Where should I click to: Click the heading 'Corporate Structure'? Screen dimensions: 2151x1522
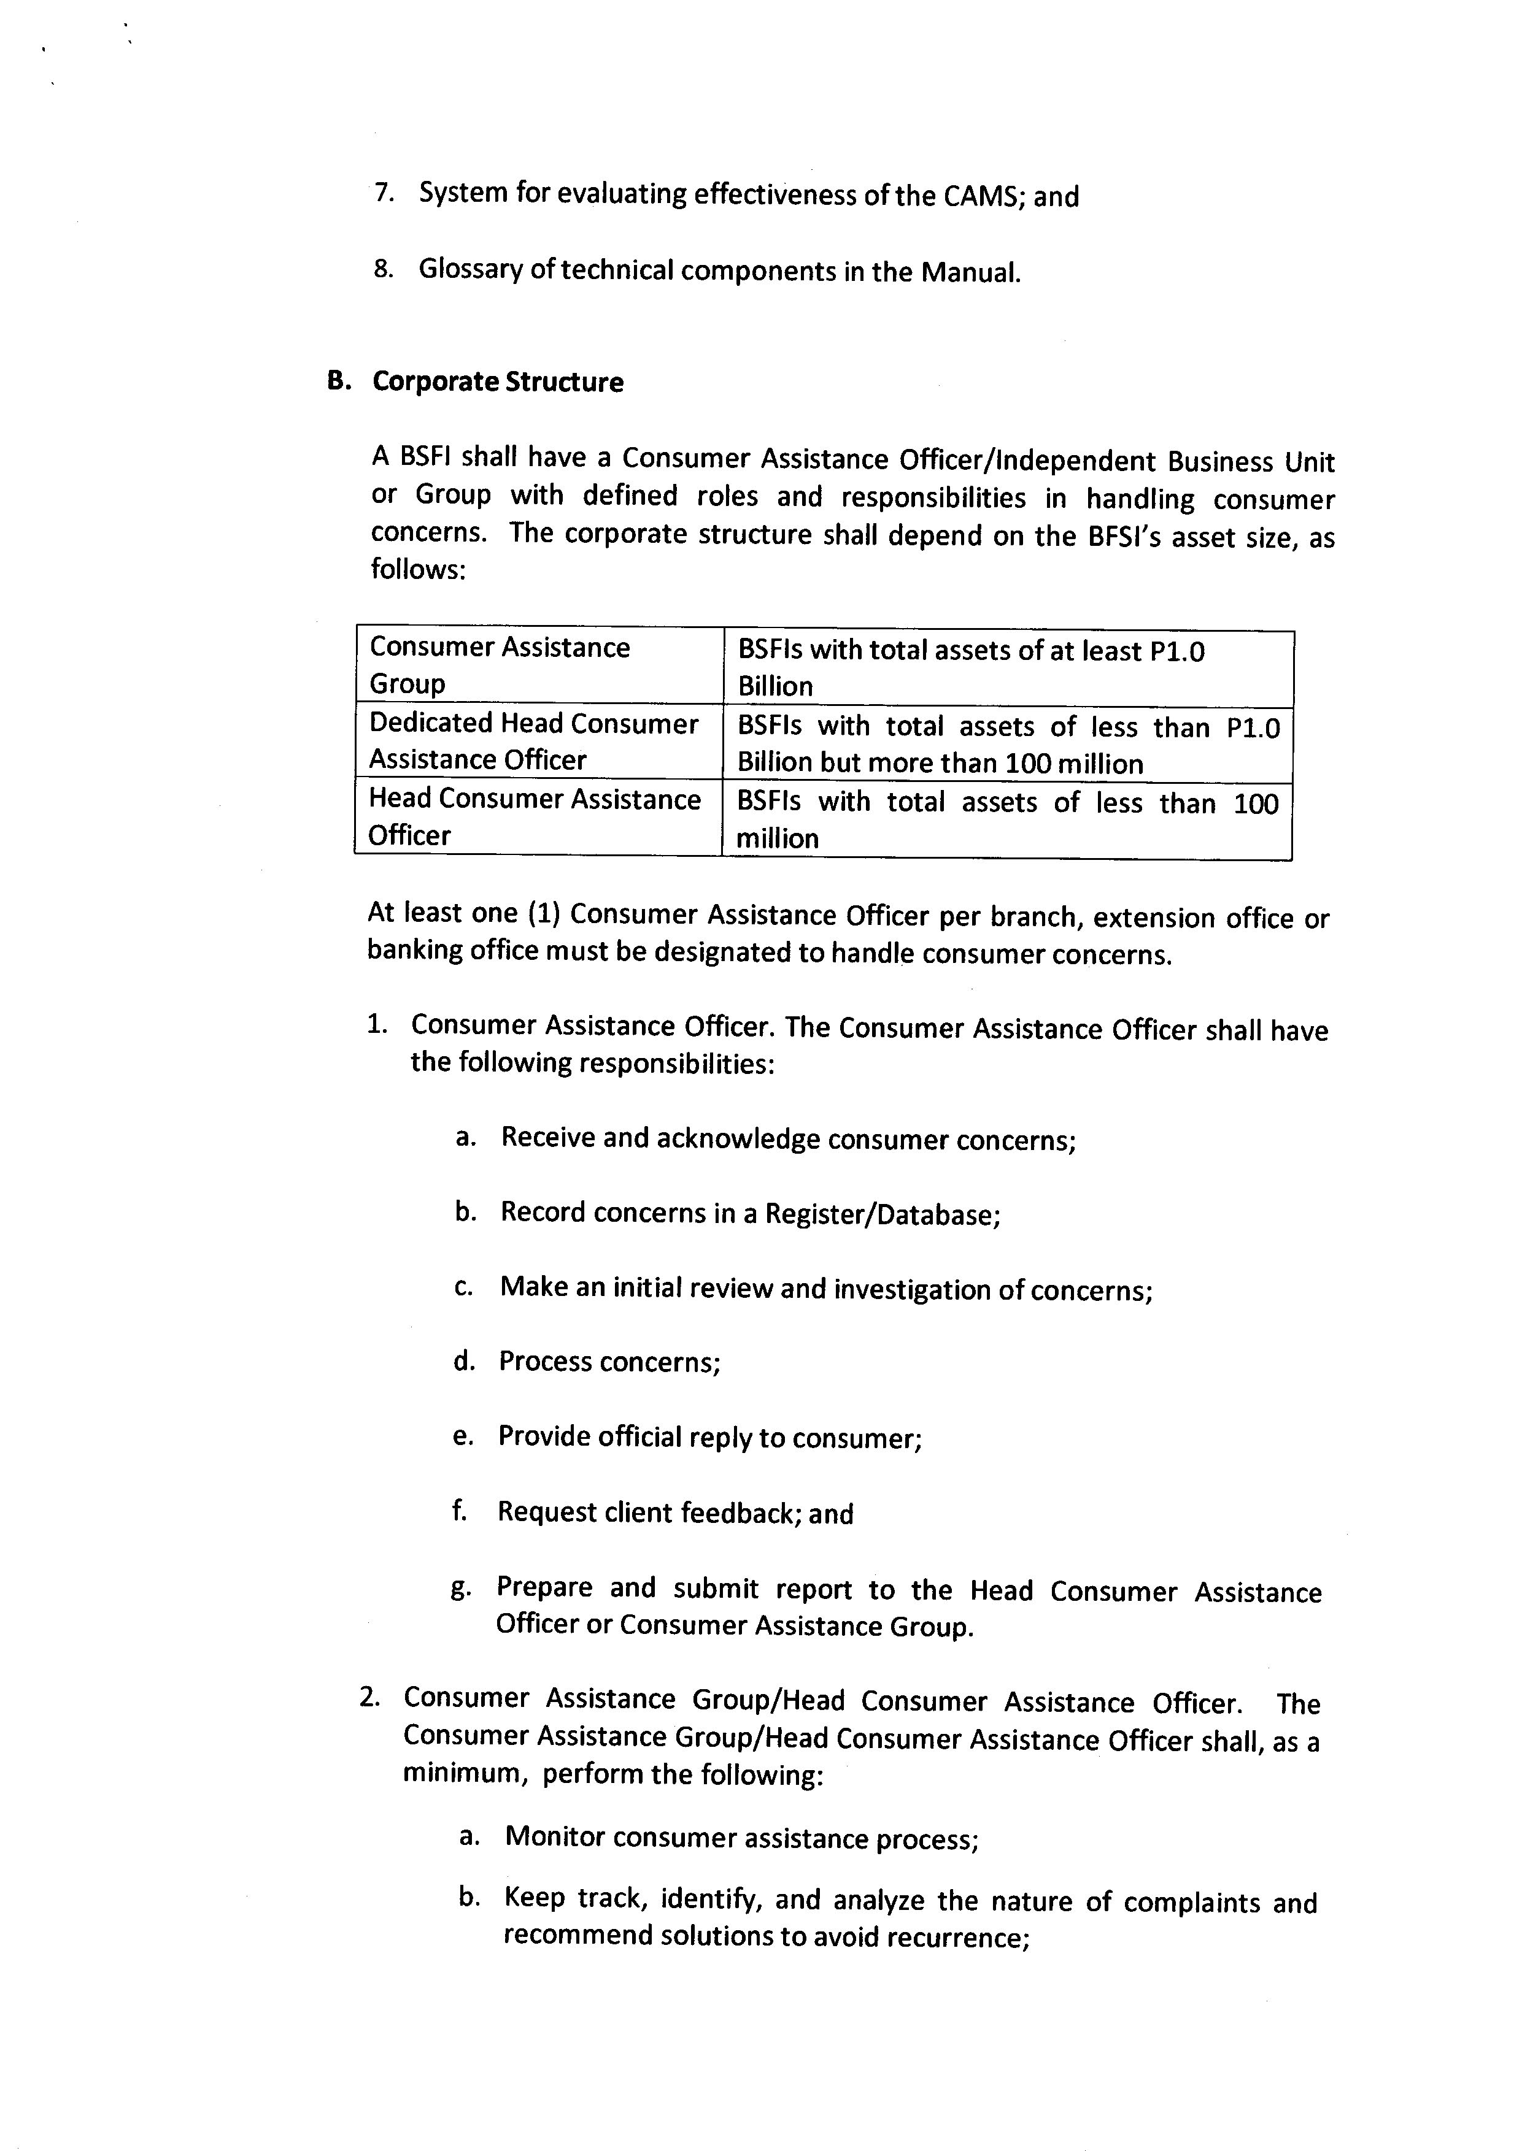coord(498,382)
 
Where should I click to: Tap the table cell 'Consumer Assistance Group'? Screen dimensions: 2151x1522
coord(539,665)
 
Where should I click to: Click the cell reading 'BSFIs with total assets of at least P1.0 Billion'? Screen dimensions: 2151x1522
coord(1008,668)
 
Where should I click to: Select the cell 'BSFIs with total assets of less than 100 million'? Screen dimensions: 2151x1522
coord(1008,821)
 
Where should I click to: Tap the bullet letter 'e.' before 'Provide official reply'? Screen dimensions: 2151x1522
coord(463,1436)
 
